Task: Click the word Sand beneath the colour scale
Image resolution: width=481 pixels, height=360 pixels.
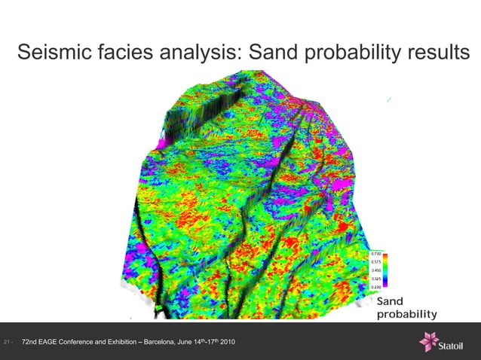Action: coord(390,302)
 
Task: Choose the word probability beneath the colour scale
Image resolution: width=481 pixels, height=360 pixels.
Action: coord(407,314)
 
